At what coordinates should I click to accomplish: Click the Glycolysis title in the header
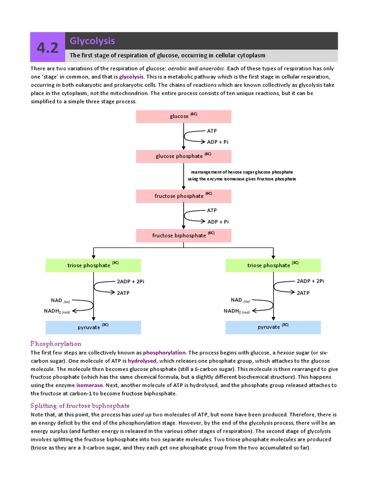pos(92,41)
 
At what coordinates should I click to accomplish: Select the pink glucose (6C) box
pos(184,116)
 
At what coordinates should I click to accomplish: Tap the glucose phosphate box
pos(184,156)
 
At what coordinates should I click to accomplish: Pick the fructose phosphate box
pos(184,196)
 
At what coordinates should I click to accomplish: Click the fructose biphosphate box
pos(184,235)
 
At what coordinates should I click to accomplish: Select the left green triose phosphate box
pos(93,265)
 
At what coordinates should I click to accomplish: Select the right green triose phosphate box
pos(273,265)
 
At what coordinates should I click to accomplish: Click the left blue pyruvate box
pos(93,327)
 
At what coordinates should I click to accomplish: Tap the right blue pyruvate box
pos(273,327)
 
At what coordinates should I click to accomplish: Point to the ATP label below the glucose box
pos(212,131)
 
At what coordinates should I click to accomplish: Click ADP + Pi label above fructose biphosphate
pos(218,222)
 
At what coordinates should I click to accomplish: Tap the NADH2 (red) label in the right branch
pos(237,311)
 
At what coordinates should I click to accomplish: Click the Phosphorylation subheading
pos(56,344)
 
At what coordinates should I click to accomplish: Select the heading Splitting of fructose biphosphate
pos(80,406)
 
